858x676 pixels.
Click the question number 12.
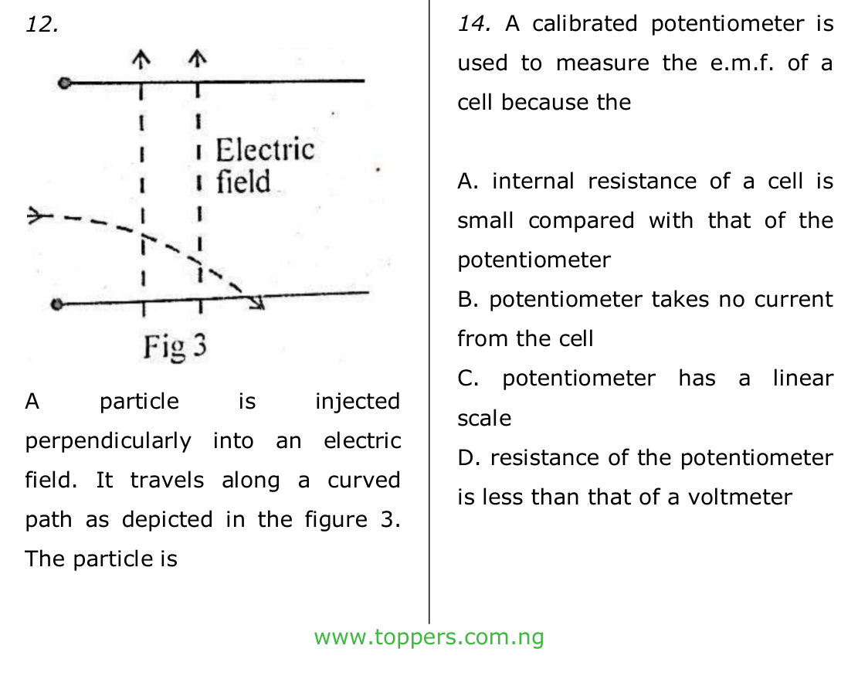point(42,25)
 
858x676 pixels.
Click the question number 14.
point(474,24)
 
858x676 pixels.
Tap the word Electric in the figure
point(265,149)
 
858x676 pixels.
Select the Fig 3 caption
point(175,346)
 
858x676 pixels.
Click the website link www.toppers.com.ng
point(429,637)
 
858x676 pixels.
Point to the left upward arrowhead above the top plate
point(141,57)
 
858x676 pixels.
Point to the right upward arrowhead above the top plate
point(198,57)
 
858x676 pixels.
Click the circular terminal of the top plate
point(65,83)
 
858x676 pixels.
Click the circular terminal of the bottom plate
point(56,304)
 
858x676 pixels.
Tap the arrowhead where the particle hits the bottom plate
point(257,302)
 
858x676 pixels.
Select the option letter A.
point(468,182)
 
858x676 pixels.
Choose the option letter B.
point(467,300)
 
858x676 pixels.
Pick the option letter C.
point(468,379)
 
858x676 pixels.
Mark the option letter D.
point(469,458)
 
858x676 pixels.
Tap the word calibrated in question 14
point(585,24)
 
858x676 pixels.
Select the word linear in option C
point(803,379)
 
